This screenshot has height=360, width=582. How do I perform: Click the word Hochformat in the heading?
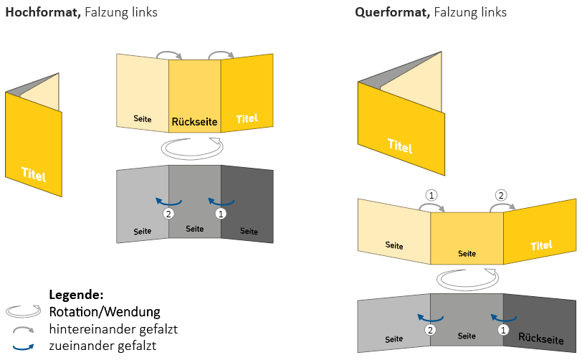42,12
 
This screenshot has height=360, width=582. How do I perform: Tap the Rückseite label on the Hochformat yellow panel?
194,122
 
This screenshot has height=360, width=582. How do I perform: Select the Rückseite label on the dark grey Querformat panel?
540,338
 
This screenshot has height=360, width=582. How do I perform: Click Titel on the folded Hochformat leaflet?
34,173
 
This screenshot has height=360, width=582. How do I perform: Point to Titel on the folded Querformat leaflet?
400,146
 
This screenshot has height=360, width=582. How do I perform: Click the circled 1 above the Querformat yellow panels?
431,194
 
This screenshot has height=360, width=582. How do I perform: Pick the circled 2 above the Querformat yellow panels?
501,194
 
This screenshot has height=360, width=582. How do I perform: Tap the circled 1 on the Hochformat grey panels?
221,213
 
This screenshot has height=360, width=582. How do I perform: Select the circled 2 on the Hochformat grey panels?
168,213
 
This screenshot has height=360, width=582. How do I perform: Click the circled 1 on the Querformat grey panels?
502,330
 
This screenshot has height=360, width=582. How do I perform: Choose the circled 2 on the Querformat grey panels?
431,330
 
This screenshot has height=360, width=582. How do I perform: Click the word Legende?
77,295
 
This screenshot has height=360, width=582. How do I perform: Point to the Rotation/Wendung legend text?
105,312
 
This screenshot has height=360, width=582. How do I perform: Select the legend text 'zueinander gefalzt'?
103,346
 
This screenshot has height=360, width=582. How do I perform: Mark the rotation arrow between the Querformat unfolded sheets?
466,277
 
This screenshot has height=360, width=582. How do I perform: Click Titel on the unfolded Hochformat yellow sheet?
246,118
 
